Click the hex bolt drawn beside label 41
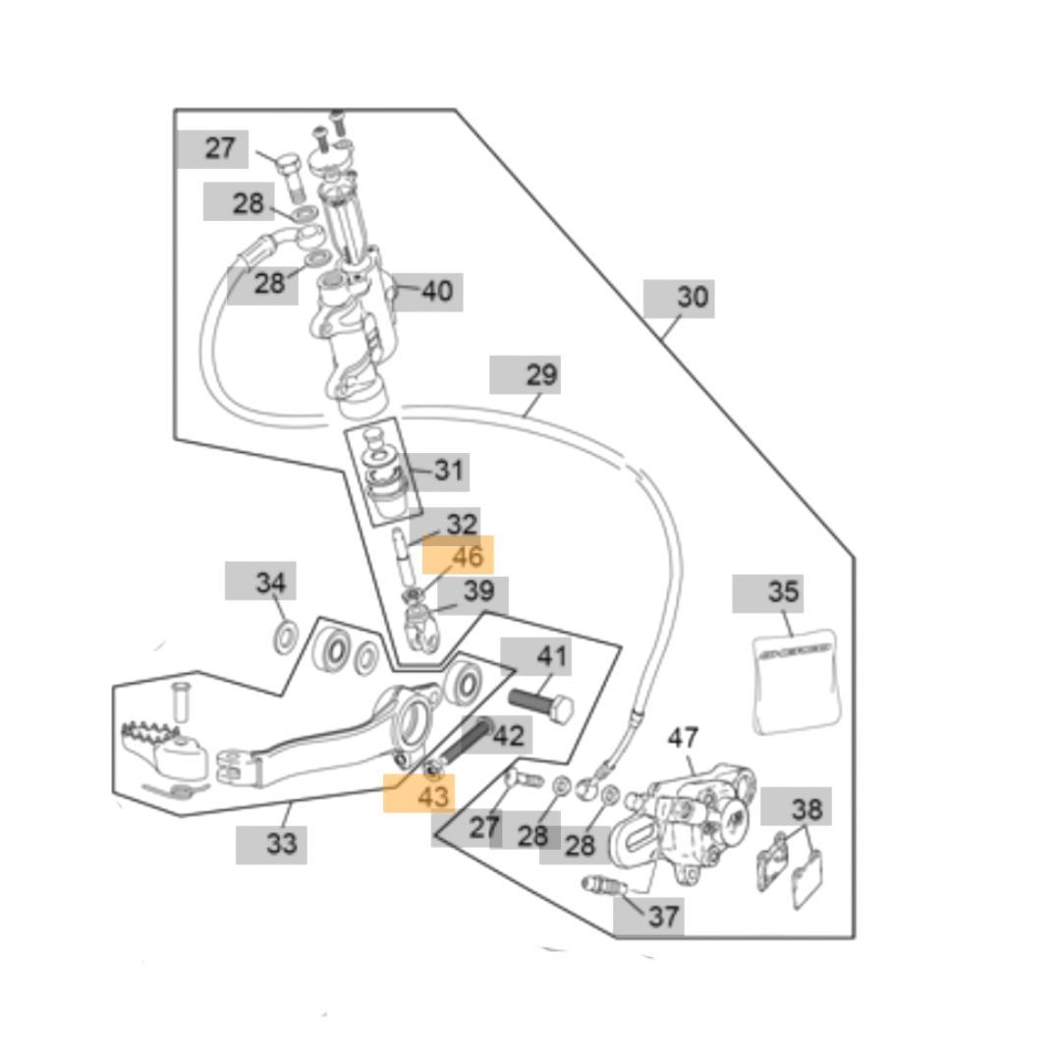point(541,703)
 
